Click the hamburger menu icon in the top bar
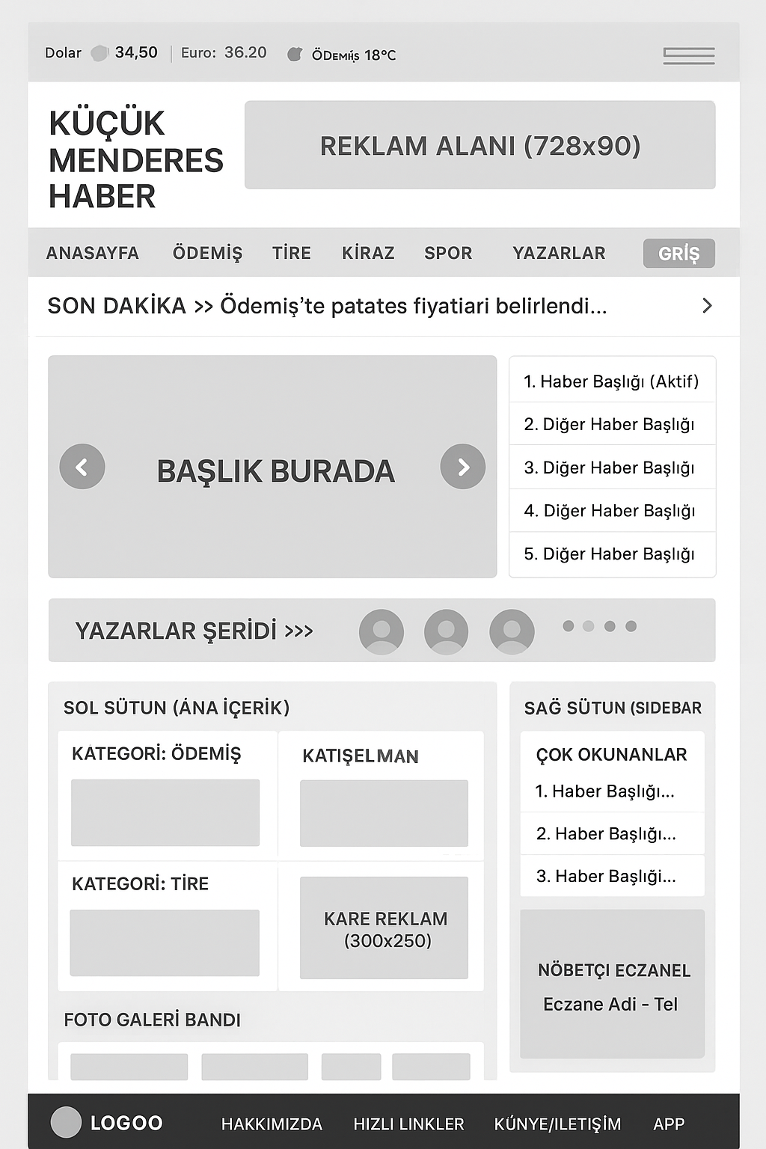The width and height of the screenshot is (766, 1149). [688, 56]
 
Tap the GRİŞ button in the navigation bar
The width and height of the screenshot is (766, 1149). [678, 254]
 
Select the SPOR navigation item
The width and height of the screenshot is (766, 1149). [448, 253]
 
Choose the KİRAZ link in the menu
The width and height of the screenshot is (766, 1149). [368, 253]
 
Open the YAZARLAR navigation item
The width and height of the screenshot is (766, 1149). [559, 253]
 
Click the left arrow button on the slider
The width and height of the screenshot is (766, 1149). [82, 467]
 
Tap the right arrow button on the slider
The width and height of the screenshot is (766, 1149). [463, 467]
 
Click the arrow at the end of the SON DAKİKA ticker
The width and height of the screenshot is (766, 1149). [707, 305]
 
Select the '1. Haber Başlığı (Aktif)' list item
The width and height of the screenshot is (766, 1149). [611, 382]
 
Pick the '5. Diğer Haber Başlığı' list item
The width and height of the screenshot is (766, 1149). [609, 554]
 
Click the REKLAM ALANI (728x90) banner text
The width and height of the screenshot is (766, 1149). [479, 146]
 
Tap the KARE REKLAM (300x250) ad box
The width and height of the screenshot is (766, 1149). [384, 928]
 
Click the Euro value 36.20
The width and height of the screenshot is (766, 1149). [245, 52]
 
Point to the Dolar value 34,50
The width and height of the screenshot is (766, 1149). [136, 52]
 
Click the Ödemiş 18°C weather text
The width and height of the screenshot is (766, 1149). [353, 55]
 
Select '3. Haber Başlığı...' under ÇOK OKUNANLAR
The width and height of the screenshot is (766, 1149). [606, 876]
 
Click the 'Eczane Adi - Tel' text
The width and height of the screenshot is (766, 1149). [610, 1004]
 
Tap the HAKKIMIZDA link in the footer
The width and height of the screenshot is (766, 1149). [272, 1124]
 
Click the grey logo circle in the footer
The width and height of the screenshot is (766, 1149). [66, 1122]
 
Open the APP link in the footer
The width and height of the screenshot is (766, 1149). [669, 1124]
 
